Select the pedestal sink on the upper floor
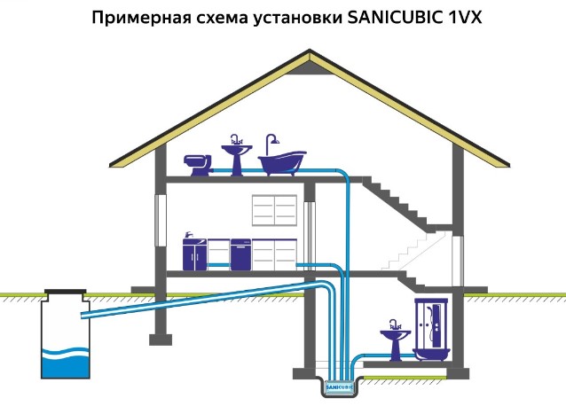[x=235, y=160]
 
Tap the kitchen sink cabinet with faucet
[x=194, y=253]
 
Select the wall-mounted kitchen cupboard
[x=274, y=211]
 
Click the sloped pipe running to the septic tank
[x=195, y=299]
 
